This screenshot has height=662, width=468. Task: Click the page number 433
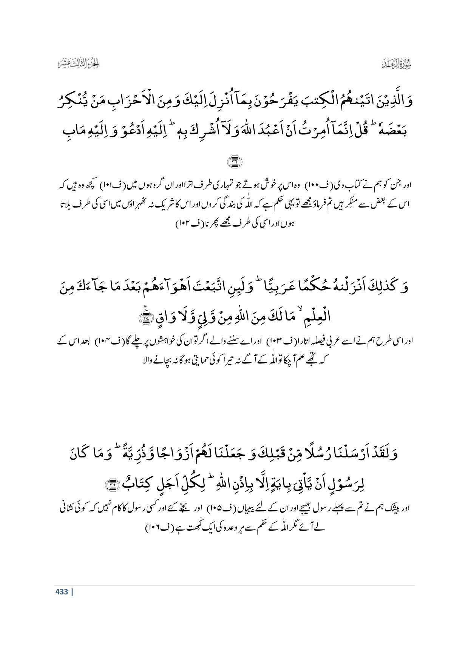[61, 591]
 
